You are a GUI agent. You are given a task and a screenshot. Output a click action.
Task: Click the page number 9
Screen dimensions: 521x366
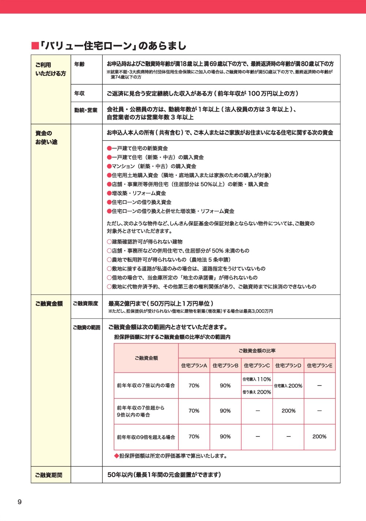point(20,502)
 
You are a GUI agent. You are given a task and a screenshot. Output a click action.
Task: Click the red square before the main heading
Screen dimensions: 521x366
point(35,46)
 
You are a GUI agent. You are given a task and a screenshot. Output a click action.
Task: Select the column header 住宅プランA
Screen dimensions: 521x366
point(194,365)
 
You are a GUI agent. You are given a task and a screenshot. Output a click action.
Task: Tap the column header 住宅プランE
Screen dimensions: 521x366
point(320,365)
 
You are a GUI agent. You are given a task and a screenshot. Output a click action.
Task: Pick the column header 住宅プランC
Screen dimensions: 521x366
point(257,365)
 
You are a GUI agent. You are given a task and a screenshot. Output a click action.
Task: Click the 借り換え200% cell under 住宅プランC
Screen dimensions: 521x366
point(257,392)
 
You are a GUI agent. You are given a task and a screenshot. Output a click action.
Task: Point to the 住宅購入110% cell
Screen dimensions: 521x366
point(257,379)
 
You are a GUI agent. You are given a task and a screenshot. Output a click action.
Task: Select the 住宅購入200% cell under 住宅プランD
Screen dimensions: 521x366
point(288,386)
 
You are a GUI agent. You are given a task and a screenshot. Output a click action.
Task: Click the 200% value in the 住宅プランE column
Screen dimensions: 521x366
point(319,436)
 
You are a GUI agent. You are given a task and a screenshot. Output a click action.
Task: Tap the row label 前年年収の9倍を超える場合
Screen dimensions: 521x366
point(146,437)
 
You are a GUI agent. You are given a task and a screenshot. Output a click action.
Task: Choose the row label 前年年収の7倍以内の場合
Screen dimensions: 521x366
point(146,386)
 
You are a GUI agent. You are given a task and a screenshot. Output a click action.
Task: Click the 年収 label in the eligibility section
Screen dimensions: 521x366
point(79,93)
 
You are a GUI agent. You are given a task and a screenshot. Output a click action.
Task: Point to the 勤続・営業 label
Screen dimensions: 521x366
point(86,110)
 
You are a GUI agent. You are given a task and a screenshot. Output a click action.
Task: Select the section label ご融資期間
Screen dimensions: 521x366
point(49,475)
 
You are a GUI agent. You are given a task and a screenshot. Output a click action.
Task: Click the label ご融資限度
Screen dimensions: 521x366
point(86,304)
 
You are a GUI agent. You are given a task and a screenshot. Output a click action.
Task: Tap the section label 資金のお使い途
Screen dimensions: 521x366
point(46,137)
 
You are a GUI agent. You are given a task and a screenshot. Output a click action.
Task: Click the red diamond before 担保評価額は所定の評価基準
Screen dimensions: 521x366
point(116,456)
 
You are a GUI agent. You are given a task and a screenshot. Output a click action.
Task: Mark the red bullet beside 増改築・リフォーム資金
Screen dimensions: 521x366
point(109,193)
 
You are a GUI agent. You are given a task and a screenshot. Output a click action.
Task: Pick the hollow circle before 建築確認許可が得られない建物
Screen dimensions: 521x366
point(109,242)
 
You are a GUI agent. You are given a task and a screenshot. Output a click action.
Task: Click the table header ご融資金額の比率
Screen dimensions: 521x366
point(257,351)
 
